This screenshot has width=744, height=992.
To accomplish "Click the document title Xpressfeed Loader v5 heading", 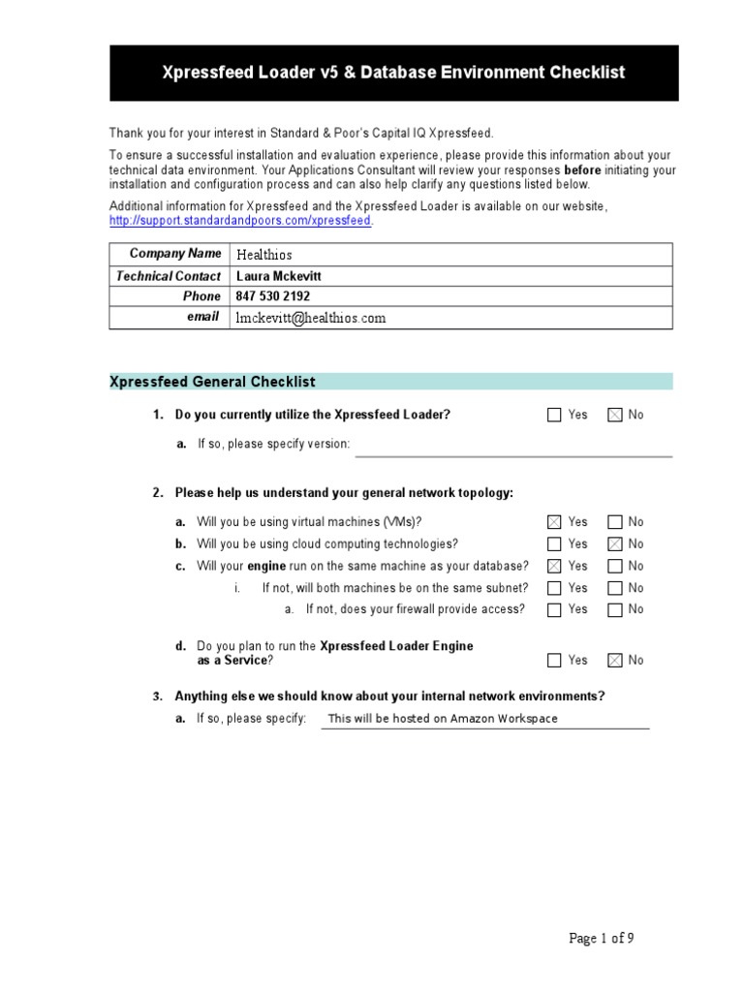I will click(393, 73).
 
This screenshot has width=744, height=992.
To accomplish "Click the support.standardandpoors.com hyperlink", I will click(240, 221).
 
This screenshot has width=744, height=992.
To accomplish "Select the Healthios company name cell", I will click(263, 255).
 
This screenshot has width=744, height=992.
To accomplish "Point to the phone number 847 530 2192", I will click(273, 296).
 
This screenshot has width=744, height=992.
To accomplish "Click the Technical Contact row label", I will click(169, 276).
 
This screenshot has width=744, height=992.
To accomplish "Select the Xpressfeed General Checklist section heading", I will click(212, 382).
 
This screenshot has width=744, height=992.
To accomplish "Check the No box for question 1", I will click(614, 415).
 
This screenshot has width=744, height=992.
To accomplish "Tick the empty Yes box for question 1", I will click(554, 415).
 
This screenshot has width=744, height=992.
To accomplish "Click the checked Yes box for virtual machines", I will click(554, 522).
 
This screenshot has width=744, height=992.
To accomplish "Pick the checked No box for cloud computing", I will click(614, 544).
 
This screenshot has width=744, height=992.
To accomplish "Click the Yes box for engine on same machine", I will click(554, 566).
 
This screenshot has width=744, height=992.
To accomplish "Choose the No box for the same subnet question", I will click(614, 588).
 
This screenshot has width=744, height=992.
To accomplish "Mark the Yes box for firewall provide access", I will click(554, 610).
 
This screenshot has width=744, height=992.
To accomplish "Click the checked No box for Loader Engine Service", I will click(614, 661).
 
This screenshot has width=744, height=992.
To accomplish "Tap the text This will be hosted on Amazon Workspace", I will click(443, 719).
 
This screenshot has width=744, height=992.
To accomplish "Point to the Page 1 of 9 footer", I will click(601, 938).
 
